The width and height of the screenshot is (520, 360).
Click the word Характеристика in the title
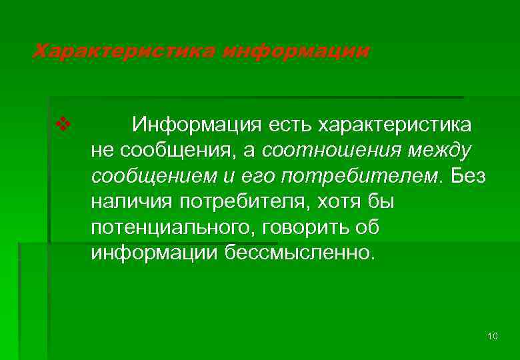(x=124, y=51)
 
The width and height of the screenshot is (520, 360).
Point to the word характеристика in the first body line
(x=395, y=125)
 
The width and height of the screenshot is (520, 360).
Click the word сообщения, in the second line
(x=176, y=151)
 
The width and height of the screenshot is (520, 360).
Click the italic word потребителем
(x=361, y=177)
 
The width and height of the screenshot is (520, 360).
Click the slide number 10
(x=493, y=335)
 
